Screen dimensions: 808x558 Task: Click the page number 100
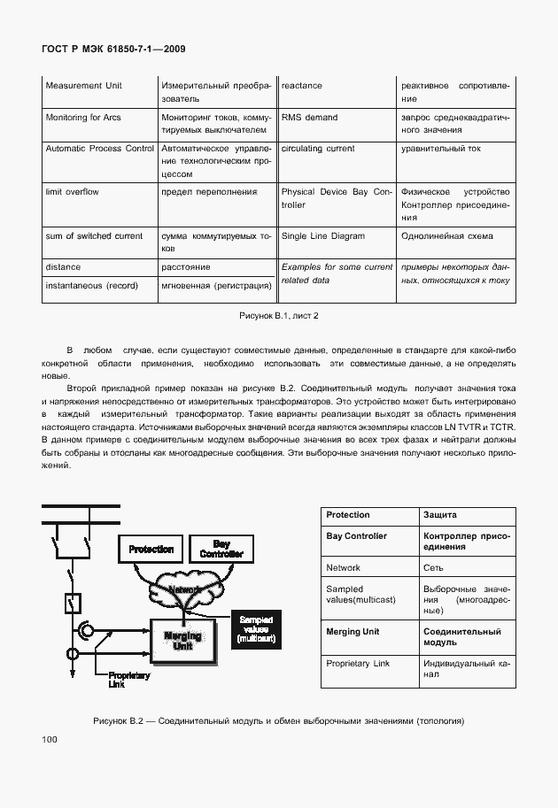49,739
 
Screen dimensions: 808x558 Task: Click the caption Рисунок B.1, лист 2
278,316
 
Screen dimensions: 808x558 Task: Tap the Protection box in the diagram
151,550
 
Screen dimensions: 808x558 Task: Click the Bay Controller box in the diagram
221,549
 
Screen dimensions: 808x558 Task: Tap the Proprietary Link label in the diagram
128,680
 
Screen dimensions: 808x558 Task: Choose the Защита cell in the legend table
465,515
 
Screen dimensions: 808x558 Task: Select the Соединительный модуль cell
465,637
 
